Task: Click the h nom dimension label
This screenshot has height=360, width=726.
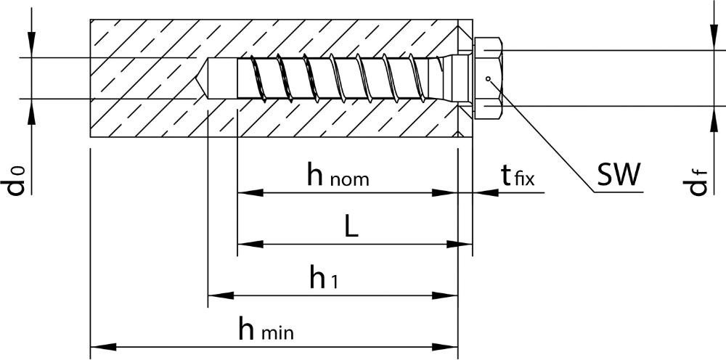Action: pos(338,175)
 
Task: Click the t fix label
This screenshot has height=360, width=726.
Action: pos(516,176)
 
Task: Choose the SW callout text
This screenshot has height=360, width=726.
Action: pos(619,174)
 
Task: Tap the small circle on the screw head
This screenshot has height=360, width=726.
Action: pos(489,79)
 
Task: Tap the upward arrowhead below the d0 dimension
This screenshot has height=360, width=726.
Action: pos(32,110)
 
